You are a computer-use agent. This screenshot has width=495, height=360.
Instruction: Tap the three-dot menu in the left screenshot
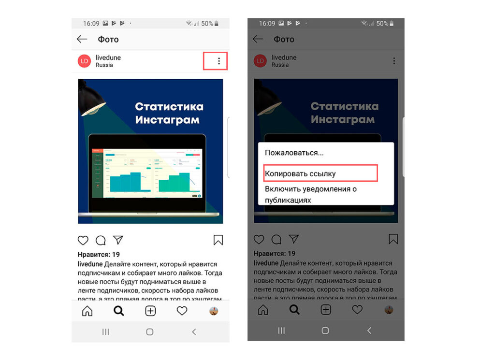click(x=219, y=61)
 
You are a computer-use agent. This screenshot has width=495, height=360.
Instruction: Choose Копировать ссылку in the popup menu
click(x=300, y=173)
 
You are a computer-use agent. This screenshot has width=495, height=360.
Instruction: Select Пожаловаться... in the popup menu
click(x=294, y=153)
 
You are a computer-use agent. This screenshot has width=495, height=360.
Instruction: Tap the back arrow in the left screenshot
click(x=82, y=39)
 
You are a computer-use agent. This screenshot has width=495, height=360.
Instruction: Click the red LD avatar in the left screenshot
click(x=85, y=61)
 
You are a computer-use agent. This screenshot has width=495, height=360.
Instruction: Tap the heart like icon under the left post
click(x=83, y=240)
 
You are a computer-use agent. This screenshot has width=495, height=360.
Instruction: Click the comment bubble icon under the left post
click(x=101, y=240)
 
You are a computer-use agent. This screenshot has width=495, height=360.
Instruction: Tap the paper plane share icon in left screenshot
click(x=118, y=240)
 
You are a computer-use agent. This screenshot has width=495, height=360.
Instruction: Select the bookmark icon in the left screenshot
click(x=218, y=240)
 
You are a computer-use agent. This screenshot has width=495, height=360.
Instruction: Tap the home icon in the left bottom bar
click(x=87, y=311)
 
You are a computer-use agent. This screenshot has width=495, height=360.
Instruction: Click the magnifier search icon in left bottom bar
click(x=118, y=311)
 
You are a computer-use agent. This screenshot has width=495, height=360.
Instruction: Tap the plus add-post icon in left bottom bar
click(x=150, y=311)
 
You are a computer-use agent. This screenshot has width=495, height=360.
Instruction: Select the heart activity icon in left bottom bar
click(x=182, y=311)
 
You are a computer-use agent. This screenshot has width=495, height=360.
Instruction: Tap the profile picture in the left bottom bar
click(x=214, y=311)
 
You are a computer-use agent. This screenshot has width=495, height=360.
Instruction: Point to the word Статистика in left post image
click(x=169, y=107)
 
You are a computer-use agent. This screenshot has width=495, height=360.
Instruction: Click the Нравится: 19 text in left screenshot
click(x=99, y=255)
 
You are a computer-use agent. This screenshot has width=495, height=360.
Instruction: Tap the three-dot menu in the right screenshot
click(x=394, y=61)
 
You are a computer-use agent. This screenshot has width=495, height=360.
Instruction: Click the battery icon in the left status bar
click(x=217, y=23)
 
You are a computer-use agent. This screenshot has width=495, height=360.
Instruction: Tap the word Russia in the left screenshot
click(x=104, y=65)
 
